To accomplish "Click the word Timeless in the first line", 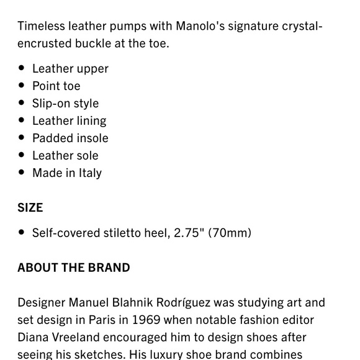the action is coord(40,26).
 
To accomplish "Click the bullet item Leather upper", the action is coord(70,68).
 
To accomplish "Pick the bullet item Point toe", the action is coord(56,86).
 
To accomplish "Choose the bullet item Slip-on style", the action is coord(65,103).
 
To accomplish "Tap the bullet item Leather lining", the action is coord(69,120).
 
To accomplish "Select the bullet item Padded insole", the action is coord(70,138).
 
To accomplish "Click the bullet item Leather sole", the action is coord(65,155).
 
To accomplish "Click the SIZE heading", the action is coord(30,208).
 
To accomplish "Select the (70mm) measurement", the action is coord(230,233).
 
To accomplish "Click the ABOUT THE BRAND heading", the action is coord(74,268).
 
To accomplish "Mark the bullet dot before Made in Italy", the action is coord(22,173).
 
